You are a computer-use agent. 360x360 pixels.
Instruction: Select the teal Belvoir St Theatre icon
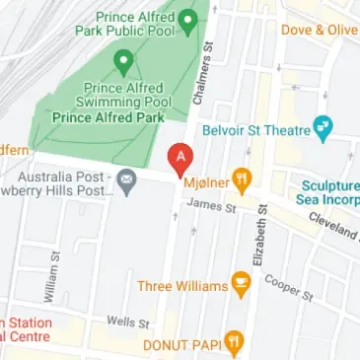(322, 127)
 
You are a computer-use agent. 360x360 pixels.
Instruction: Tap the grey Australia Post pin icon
(126, 180)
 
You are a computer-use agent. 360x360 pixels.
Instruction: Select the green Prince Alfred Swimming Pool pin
(123, 64)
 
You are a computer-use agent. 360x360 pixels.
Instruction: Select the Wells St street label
(127, 323)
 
